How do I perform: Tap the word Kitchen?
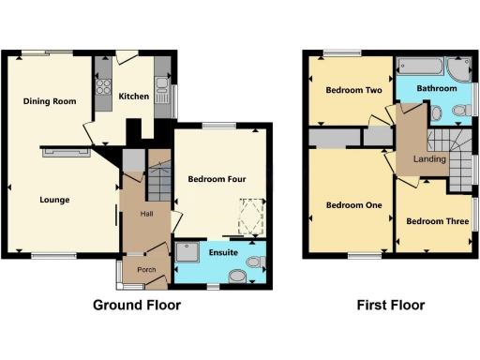click(x=133, y=96)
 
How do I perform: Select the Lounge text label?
click(x=54, y=199)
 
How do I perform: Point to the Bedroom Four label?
click(x=217, y=179)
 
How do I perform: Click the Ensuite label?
click(x=223, y=253)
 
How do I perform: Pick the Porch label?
click(x=146, y=270)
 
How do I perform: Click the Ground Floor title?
click(x=137, y=305)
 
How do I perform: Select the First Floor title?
click(x=391, y=305)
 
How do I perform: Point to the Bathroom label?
click(x=437, y=89)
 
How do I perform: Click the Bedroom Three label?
click(x=437, y=222)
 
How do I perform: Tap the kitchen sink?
click(x=162, y=94)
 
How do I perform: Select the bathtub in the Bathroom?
click(x=422, y=67)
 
